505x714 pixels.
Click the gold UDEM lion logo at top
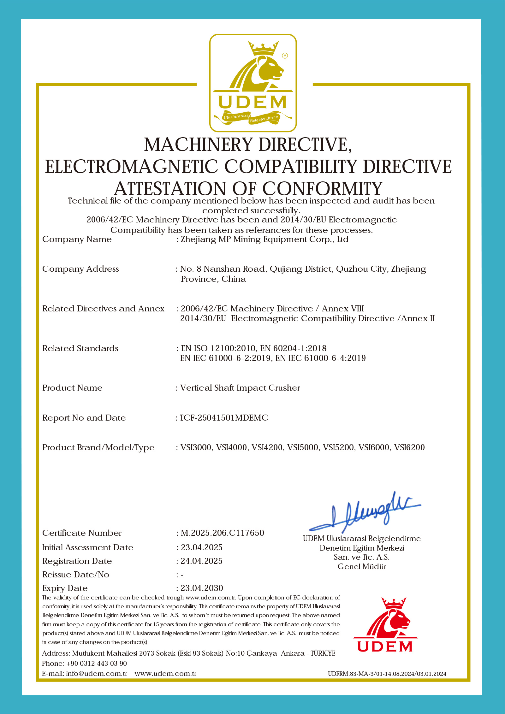(x=253, y=83)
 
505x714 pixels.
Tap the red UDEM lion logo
(x=385, y=625)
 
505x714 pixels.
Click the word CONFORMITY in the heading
(x=322, y=189)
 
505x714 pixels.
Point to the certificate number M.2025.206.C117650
(x=222, y=533)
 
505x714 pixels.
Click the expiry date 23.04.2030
(x=202, y=588)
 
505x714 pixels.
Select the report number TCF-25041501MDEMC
(x=224, y=418)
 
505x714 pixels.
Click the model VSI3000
(x=196, y=447)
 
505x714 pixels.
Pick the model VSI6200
(x=409, y=447)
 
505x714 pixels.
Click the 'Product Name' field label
(x=72, y=388)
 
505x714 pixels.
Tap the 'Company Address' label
(x=80, y=269)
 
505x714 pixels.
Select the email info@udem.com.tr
(x=96, y=673)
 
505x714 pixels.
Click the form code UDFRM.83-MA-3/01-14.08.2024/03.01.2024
(x=387, y=674)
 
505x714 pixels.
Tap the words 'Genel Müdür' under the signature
(x=362, y=566)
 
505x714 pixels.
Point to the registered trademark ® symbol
(x=285, y=56)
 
